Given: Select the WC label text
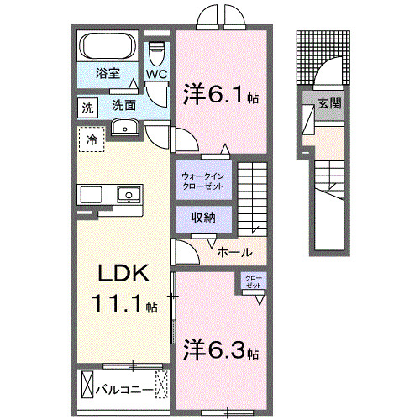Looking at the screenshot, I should (x=157, y=75).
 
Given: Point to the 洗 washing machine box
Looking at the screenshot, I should (x=87, y=108).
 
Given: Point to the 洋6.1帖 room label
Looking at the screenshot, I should (x=220, y=96).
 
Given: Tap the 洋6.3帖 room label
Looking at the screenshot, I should (x=220, y=349).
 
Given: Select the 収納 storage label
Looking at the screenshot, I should (x=202, y=217).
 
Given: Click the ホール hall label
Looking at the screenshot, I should (x=233, y=251).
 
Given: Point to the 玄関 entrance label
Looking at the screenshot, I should (x=328, y=105).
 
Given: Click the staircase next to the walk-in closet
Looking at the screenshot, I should (x=251, y=198).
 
